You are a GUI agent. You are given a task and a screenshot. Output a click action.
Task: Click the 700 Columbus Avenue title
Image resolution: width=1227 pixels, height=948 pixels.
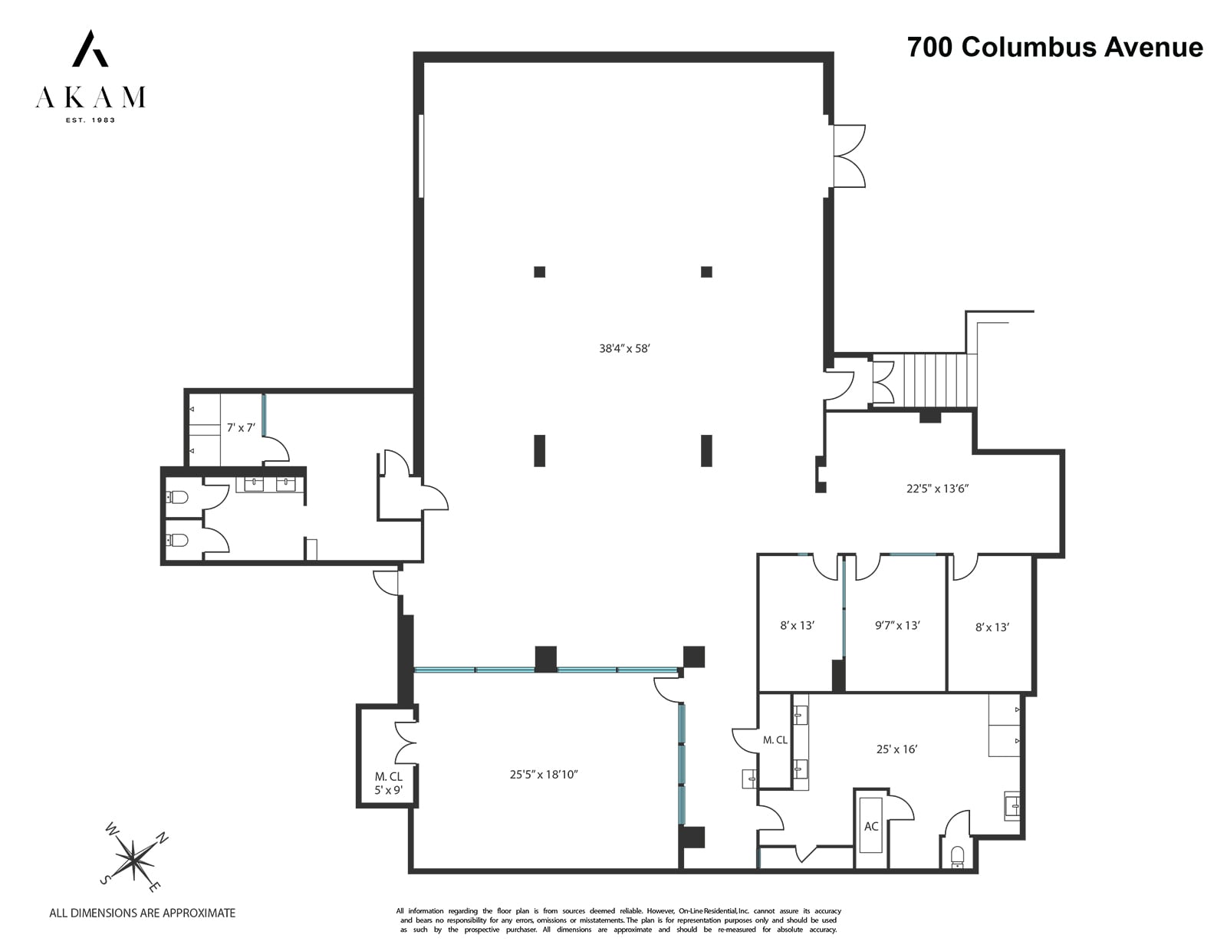click(x=1054, y=47)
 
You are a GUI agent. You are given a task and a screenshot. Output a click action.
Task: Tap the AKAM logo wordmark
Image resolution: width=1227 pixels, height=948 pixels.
click(x=90, y=97)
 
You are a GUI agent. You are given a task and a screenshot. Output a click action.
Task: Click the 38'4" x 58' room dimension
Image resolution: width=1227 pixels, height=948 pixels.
click(x=624, y=348)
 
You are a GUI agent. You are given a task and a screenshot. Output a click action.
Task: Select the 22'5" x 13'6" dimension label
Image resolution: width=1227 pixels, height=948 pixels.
click(x=937, y=488)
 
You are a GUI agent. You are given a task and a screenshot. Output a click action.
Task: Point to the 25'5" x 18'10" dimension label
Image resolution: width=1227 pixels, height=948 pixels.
click(x=544, y=775)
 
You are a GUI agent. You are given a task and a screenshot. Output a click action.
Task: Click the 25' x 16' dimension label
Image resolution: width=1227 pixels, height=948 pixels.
click(x=896, y=749)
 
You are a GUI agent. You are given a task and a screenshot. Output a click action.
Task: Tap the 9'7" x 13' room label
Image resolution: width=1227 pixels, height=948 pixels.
click(x=897, y=625)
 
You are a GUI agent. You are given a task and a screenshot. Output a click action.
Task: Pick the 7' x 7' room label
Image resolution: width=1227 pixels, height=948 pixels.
click(x=240, y=427)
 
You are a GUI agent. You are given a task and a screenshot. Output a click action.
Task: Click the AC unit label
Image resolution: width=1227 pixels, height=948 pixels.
click(x=871, y=826)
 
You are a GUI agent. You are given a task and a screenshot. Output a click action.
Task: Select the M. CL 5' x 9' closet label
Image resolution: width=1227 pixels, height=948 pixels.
click(x=388, y=783)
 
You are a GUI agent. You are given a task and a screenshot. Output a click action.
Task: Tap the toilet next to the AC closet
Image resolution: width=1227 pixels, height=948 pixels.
click(x=956, y=856)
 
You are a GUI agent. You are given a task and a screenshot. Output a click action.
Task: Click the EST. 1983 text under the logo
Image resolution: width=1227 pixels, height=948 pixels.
click(x=90, y=120)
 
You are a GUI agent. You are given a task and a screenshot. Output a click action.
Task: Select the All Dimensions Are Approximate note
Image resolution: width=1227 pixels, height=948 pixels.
click(x=142, y=913)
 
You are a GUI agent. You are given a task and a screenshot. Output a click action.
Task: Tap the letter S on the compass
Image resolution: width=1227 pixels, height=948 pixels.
click(x=104, y=879)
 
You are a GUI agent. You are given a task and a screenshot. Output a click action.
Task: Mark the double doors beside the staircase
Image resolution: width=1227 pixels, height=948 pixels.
click(x=883, y=381)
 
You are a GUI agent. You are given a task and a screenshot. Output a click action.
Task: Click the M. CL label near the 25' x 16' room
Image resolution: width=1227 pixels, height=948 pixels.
click(x=775, y=740)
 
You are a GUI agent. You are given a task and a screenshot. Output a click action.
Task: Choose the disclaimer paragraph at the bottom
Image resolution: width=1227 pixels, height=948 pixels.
click(x=618, y=920)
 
